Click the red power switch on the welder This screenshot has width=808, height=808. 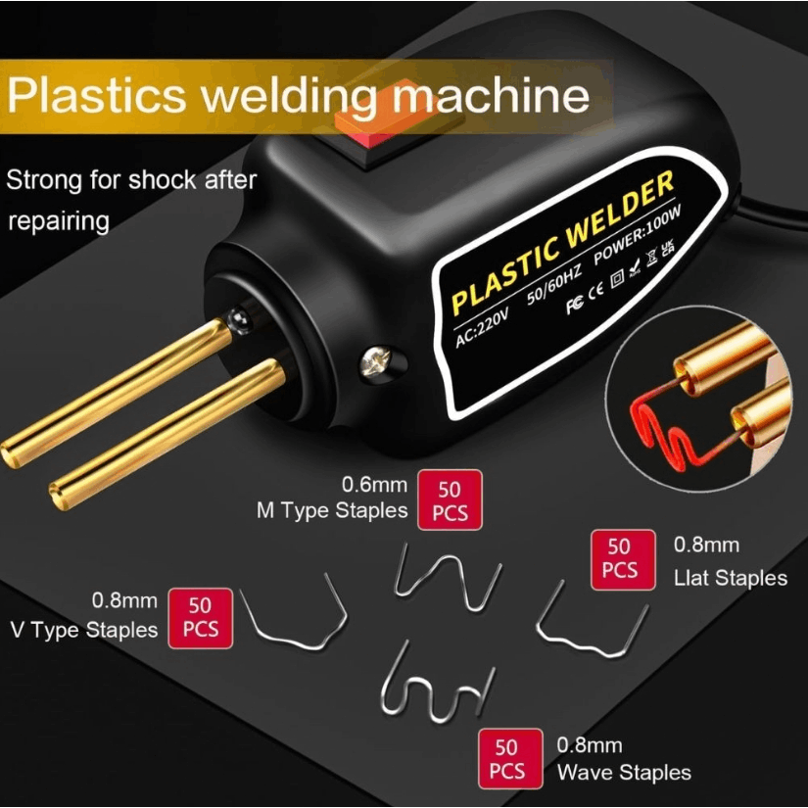tap(384, 121)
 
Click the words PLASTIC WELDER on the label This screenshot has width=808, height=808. tap(563, 242)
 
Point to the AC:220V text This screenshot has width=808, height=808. tap(482, 328)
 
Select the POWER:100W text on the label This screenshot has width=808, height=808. tap(638, 234)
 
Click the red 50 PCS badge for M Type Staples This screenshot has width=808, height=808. tap(450, 499)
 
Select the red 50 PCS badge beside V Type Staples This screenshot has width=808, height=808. tap(201, 618)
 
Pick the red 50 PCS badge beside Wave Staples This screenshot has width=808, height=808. tap(510, 758)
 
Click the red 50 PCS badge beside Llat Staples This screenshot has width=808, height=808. tap(623, 559)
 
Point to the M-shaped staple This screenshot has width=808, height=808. tap(447, 577)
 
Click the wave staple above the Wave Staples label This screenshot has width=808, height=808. tap(437, 682)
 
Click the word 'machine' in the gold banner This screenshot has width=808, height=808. tap(491, 96)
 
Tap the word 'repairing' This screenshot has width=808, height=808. tap(59, 221)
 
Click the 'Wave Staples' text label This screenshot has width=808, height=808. tap(624, 773)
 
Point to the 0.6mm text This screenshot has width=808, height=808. tap(375, 485)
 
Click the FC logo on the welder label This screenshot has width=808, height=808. tap(575, 305)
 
